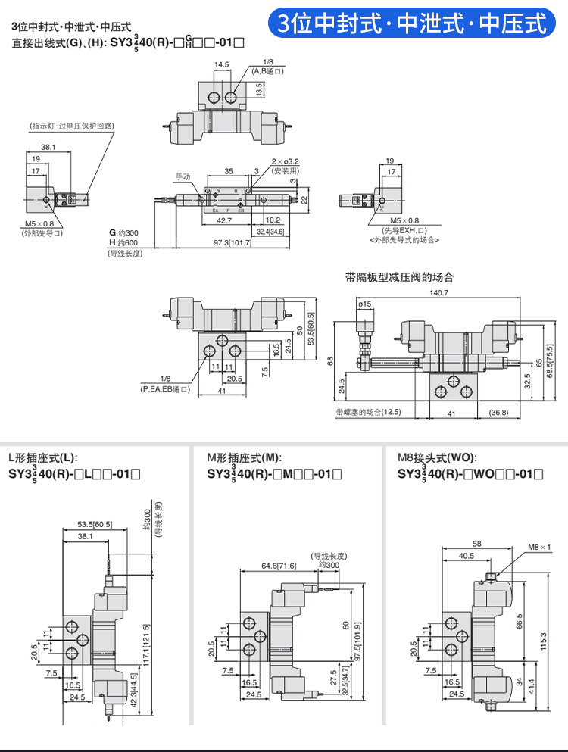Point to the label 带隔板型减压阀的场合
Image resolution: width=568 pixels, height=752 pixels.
click(x=399, y=277)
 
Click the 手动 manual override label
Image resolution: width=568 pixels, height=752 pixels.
click(x=183, y=176)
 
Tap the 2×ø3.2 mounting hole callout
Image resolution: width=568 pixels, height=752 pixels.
click(x=286, y=161)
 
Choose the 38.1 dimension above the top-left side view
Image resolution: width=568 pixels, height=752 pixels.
click(x=48, y=147)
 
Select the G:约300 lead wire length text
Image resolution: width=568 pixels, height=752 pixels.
click(x=125, y=232)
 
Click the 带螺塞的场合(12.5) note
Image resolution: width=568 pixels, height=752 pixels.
click(x=368, y=412)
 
